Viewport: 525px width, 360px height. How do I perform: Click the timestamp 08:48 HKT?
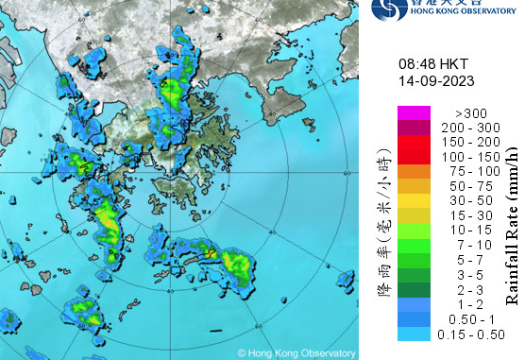432,63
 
